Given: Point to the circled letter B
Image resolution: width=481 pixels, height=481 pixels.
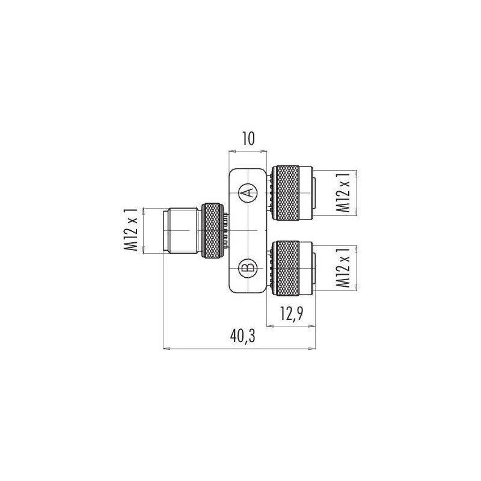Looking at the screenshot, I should [x=247, y=267].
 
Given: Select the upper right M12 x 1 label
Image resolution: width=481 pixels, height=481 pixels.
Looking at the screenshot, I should [x=343, y=192].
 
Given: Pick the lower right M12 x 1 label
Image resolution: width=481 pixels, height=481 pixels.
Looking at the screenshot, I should [x=343, y=268].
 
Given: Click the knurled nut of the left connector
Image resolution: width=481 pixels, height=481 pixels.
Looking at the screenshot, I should [x=211, y=231].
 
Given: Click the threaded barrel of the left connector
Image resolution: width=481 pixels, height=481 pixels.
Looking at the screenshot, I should [x=182, y=231].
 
